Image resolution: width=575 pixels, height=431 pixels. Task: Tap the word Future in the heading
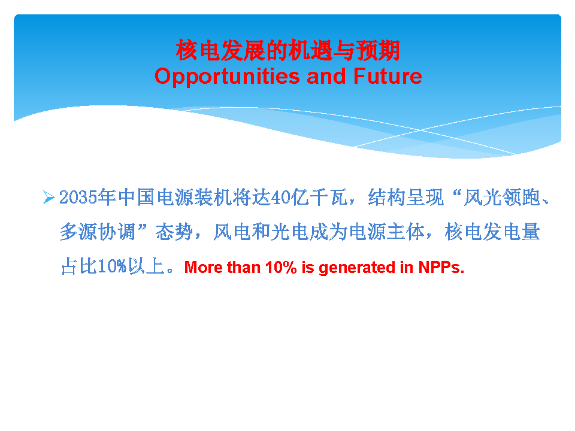tap(388, 76)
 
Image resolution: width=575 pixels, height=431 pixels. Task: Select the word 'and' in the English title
tap(326, 76)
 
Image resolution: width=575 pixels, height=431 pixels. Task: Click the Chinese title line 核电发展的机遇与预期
tap(288, 50)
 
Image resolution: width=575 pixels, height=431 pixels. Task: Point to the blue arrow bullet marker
tap(49, 197)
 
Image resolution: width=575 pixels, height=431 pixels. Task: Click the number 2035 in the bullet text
tap(78, 198)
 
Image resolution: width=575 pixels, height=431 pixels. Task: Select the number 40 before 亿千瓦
tap(280, 198)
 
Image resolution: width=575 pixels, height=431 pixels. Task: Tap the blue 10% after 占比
tap(112, 266)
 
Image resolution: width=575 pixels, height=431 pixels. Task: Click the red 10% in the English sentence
tap(281, 267)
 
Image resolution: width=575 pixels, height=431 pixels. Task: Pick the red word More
tap(204, 267)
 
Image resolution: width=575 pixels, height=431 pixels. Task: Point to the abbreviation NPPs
tap(441, 267)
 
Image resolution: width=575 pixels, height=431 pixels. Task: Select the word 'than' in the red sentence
tap(244, 267)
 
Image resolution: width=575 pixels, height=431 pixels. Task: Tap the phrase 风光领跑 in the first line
tap(502, 198)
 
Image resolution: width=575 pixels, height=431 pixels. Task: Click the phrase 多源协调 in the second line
tap(98, 232)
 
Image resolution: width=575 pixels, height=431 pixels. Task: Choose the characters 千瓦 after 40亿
tap(328, 198)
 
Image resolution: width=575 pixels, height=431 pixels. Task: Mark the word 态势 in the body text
tap(174, 232)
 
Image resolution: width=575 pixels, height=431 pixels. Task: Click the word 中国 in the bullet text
tap(136, 198)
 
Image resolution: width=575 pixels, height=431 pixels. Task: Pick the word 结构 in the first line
tap(387, 198)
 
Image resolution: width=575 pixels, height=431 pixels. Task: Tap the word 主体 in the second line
tap(406, 232)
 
